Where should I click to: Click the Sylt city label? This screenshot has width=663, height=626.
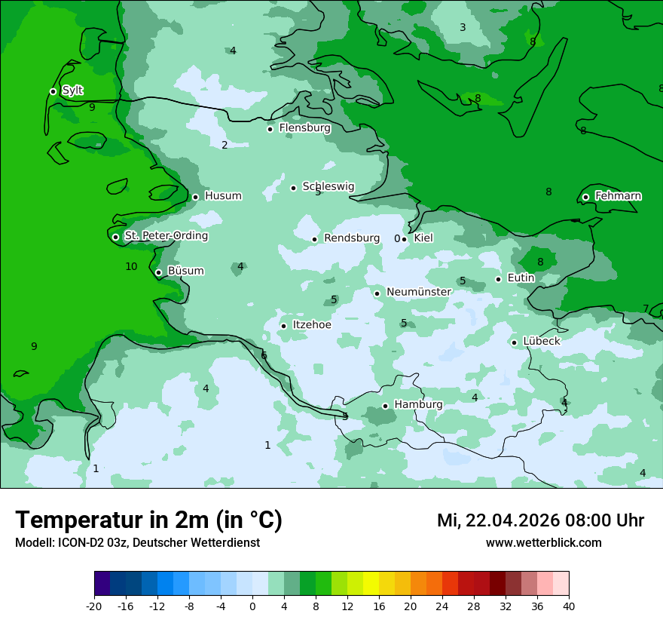click(x=72, y=91)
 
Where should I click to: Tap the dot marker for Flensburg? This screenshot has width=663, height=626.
click(x=270, y=129)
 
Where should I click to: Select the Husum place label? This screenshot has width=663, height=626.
click(x=223, y=196)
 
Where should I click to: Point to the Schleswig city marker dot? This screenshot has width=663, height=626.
click(x=294, y=188)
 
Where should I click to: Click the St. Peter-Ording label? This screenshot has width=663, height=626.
click(x=166, y=236)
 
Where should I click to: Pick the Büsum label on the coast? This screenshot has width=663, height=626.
click(x=185, y=271)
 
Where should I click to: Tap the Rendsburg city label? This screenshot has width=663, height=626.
click(x=352, y=238)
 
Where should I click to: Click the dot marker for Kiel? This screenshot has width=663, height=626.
click(x=405, y=239)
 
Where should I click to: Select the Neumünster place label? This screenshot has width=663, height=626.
click(x=419, y=292)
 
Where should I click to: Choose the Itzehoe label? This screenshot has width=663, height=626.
click(x=312, y=325)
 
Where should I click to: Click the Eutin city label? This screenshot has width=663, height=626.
click(x=521, y=278)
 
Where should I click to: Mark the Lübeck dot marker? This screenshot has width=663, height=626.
click(x=514, y=342)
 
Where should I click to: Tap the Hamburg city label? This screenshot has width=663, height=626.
click(x=418, y=405)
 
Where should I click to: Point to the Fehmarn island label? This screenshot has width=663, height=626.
click(x=618, y=196)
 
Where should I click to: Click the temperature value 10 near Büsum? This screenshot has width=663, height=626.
click(x=131, y=266)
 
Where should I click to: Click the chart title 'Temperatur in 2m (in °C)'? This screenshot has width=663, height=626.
click(x=148, y=520)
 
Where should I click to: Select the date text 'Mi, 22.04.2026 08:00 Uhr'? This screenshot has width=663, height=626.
click(x=540, y=520)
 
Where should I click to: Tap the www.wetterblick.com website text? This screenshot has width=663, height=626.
click(x=543, y=543)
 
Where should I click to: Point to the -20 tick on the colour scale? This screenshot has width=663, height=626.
click(x=94, y=606)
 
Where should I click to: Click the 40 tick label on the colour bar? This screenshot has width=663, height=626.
click(x=569, y=606)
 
